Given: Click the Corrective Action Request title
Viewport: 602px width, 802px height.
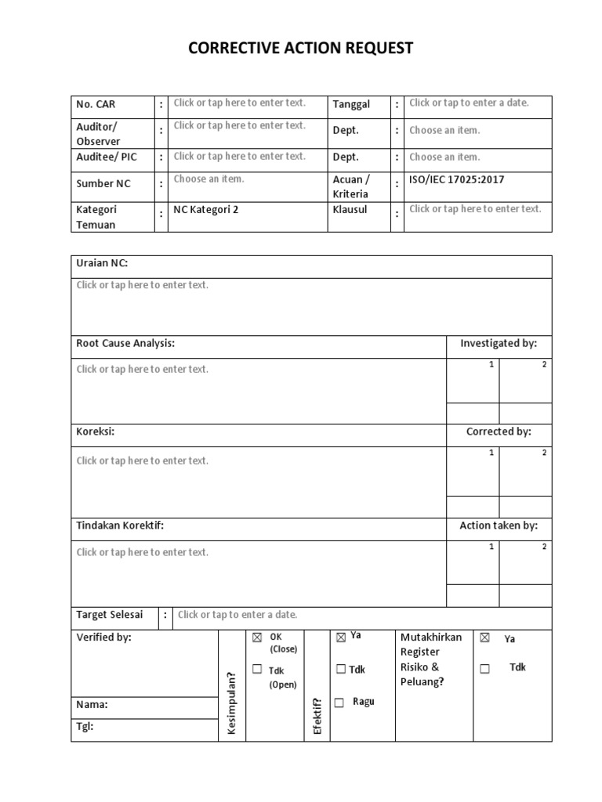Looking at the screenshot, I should tap(300, 49).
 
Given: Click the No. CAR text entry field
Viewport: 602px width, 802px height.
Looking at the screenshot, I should tap(240, 103).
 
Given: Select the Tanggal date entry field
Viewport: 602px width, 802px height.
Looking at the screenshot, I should tap(469, 103).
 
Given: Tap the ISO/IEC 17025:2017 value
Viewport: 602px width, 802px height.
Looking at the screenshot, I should tap(457, 179).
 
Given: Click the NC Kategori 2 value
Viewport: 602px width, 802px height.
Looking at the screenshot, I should tap(206, 210).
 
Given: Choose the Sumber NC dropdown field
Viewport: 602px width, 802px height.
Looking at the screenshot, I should tap(209, 179).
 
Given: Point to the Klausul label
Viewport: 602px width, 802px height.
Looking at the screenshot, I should tap(350, 210).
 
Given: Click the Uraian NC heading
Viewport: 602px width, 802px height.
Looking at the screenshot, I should tap(102, 263).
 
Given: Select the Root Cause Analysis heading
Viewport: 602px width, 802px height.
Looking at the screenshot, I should tap(125, 343).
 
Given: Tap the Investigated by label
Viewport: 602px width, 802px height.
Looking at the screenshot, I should tap(499, 343).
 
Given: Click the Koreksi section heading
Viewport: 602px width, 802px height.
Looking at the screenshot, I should tap(96, 432).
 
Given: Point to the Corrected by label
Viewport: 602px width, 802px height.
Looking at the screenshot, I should tap(499, 432).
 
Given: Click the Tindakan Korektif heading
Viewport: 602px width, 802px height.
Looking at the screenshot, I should tap(120, 526).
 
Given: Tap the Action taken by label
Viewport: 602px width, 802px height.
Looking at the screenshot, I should tap(499, 526).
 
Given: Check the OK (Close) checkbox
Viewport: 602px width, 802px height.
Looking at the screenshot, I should tap(257, 638).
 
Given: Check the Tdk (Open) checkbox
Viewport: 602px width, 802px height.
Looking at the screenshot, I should tap(257, 669).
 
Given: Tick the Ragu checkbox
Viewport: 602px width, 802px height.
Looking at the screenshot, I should tap(339, 703).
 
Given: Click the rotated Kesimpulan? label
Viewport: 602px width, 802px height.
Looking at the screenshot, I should tap(231, 703).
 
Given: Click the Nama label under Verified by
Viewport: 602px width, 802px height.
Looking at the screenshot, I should tap(92, 704).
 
